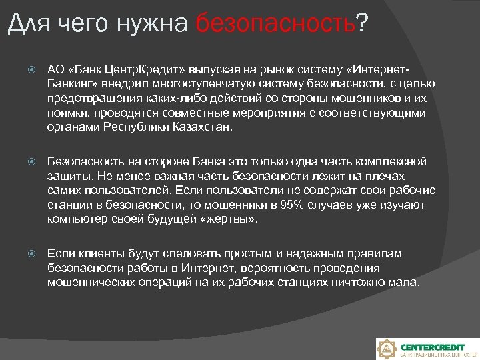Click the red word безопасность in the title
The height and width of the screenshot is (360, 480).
pyautogui.click(x=276, y=25)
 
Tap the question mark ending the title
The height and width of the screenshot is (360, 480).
pyautogui.click(x=362, y=25)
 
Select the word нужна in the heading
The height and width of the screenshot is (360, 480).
pyautogui.click(x=154, y=25)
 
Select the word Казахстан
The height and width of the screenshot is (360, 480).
pyautogui.click(x=201, y=128)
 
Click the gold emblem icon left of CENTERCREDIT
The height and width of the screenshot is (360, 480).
pyautogui.click(x=387, y=349)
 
